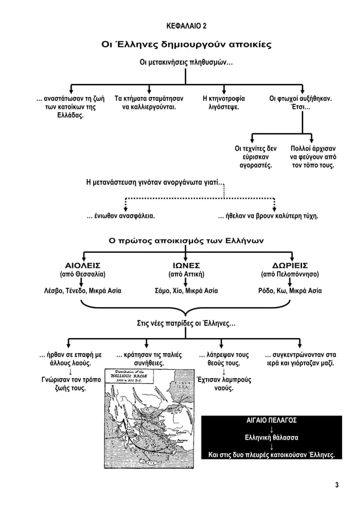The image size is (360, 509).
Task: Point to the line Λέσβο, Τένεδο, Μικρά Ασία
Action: coord(83,292)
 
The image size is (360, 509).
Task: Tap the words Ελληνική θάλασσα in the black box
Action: coord(273,438)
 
